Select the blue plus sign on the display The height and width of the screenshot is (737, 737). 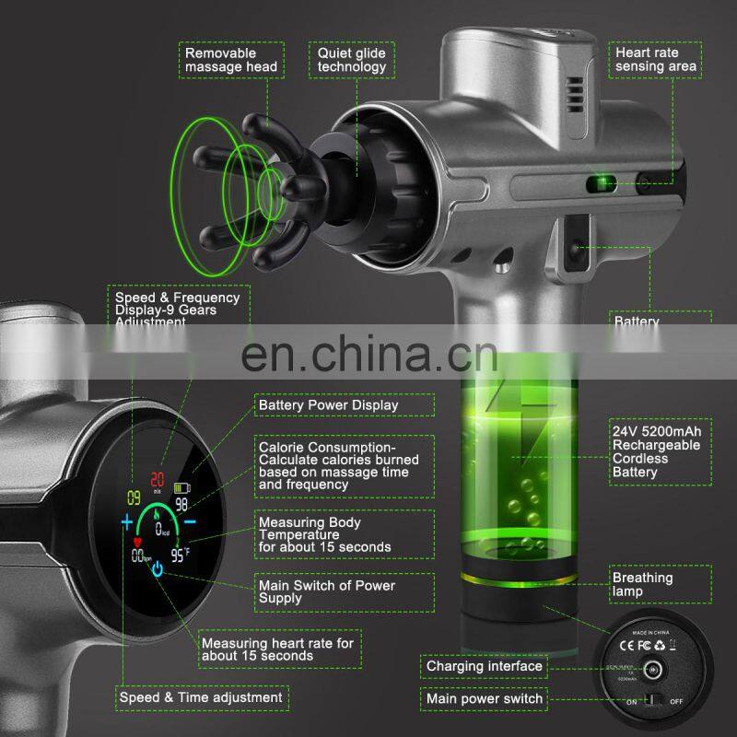(x=126, y=524)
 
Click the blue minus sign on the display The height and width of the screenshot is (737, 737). (x=189, y=522)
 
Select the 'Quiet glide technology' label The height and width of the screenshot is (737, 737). (x=352, y=60)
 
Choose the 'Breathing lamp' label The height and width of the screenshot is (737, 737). (x=642, y=585)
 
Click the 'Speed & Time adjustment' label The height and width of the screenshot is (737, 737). (x=201, y=697)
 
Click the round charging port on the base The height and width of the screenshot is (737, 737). (x=655, y=670)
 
